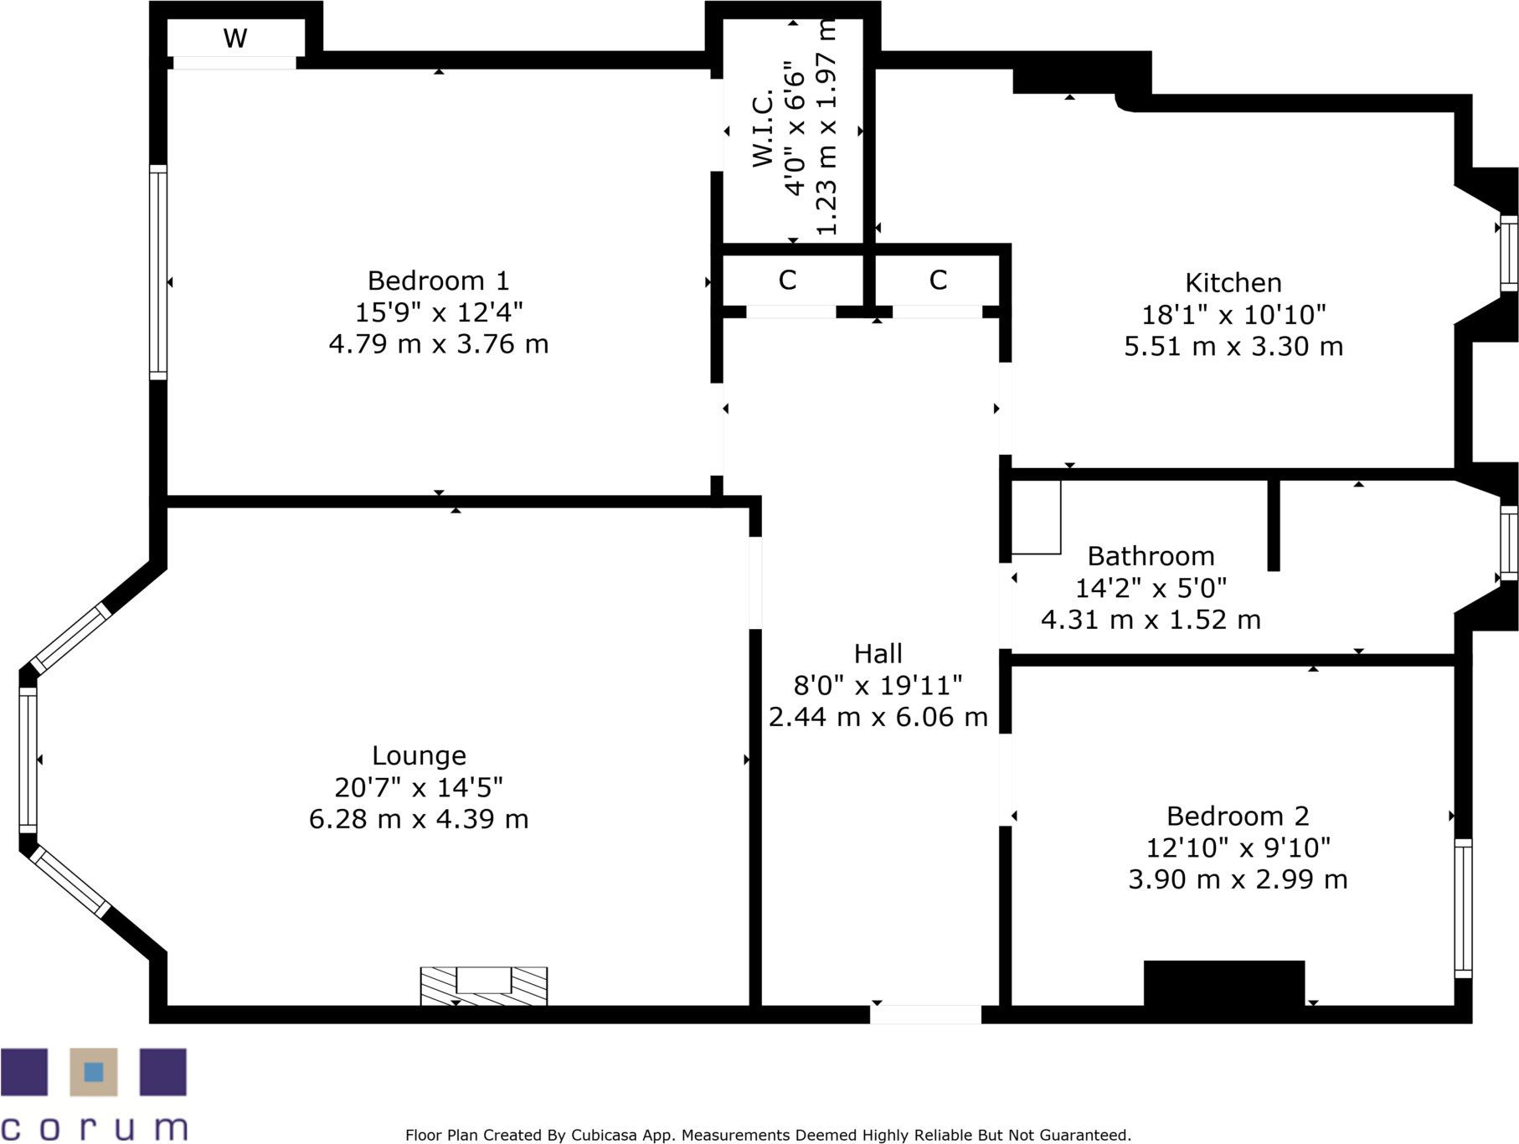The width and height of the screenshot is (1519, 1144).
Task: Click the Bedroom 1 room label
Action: pyautogui.click(x=438, y=281)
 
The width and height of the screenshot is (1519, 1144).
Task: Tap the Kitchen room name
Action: pyautogui.click(x=1233, y=283)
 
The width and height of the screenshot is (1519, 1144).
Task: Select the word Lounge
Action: pyautogui.click(x=419, y=756)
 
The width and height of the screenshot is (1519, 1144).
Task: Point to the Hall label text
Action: pyautogui.click(x=878, y=654)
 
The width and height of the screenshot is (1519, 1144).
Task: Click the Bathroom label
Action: pyautogui.click(x=1151, y=557)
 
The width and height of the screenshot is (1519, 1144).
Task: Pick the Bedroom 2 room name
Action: pyautogui.click(x=1237, y=817)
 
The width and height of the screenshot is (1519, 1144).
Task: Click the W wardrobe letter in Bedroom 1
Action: pyautogui.click(x=235, y=39)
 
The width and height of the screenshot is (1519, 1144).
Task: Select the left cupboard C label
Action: pyautogui.click(x=787, y=281)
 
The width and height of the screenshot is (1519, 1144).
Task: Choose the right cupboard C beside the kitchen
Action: pyautogui.click(x=938, y=281)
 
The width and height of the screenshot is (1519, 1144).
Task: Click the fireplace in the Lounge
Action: pyautogui.click(x=483, y=985)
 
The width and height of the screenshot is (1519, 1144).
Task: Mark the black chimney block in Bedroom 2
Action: pyautogui.click(x=1223, y=982)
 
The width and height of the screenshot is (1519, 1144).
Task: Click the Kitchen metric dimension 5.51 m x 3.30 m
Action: pyautogui.click(x=1233, y=347)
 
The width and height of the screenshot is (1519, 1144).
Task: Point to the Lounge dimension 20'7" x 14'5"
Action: pyautogui.click(x=419, y=788)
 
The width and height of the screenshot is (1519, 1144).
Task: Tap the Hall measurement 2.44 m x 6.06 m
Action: pyautogui.click(x=878, y=718)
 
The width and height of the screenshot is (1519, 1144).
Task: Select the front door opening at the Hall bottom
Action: pyautogui.click(x=925, y=1014)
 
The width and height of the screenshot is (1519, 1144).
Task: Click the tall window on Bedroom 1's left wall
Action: pyautogui.click(x=158, y=272)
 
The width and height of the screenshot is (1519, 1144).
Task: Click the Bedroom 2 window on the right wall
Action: pyautogui.click(x=1463, y=908)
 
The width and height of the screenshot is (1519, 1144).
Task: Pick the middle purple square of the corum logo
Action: pyautogui.click(x=94, y=1072)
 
